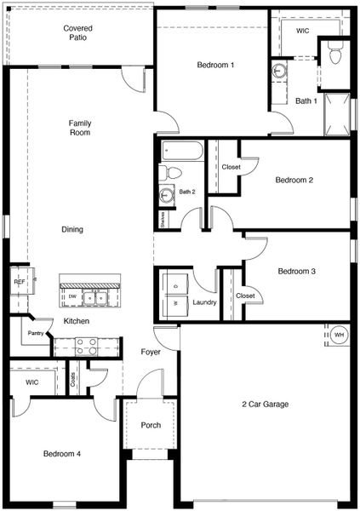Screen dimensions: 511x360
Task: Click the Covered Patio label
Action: [77, 33]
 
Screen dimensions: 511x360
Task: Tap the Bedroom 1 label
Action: [215, 66]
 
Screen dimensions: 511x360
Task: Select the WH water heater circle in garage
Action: [338, 335]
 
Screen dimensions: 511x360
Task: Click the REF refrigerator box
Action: [18, 281]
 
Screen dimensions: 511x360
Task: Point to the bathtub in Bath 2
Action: [182, 152]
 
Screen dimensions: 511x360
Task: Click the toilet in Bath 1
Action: [334, 53]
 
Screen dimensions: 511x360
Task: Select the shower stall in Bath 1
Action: [337, 114]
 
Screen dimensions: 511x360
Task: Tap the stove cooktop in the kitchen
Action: [86, 346]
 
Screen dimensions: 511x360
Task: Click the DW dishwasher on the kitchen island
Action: [72, 297]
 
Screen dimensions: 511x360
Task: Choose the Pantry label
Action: [35, 333]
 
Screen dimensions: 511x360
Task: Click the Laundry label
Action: [204, 302]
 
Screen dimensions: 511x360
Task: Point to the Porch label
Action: [151, 425]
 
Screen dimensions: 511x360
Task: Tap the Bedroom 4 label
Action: [62, 454]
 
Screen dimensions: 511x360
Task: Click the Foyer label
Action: [150, 352]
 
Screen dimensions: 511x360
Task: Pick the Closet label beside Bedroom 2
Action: [231, 168]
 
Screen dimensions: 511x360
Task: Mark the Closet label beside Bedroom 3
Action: [245, 296]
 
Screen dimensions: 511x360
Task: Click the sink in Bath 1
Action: [280, 72]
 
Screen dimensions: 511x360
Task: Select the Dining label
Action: [72, 230]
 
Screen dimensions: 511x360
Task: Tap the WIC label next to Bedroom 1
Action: [302, 31]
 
